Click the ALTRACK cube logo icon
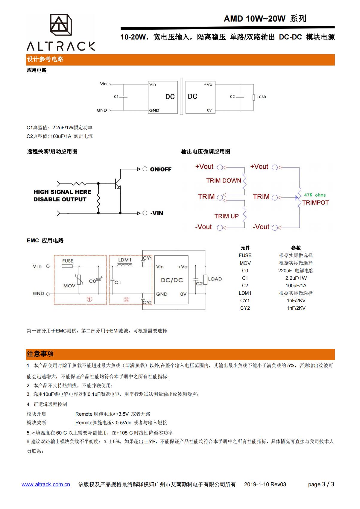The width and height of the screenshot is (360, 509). tap(61, 25)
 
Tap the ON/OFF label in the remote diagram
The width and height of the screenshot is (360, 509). tap(161, 169)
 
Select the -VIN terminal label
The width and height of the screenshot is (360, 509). tap(157, 213)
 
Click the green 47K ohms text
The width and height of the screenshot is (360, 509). tap(315, 195)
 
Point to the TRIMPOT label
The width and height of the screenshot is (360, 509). tap(315, 203)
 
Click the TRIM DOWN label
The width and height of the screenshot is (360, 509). tap(224, 181)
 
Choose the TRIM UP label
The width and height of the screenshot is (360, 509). tap(226, 216)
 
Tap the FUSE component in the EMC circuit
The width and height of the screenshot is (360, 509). tap(67, 266)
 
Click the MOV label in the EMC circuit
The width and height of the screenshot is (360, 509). tap(69, 286)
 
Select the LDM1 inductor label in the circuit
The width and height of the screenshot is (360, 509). tap(125, 260)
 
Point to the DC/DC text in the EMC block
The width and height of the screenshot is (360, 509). tap(172, 280)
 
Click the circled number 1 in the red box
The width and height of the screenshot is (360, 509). tap(89, 299)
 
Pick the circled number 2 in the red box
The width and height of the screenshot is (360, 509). tap(126, 300)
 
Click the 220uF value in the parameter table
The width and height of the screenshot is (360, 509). tap(285, 271)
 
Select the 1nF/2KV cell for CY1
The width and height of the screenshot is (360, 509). tap(296, 301)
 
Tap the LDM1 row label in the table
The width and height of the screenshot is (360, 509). tap(245, 293)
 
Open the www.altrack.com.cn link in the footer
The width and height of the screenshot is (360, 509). tap(46, 484)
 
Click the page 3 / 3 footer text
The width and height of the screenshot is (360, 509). tap(321, 484)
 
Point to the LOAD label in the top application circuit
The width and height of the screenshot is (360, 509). tap(261, 97)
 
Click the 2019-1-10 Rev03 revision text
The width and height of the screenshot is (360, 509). tap(265, 484)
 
